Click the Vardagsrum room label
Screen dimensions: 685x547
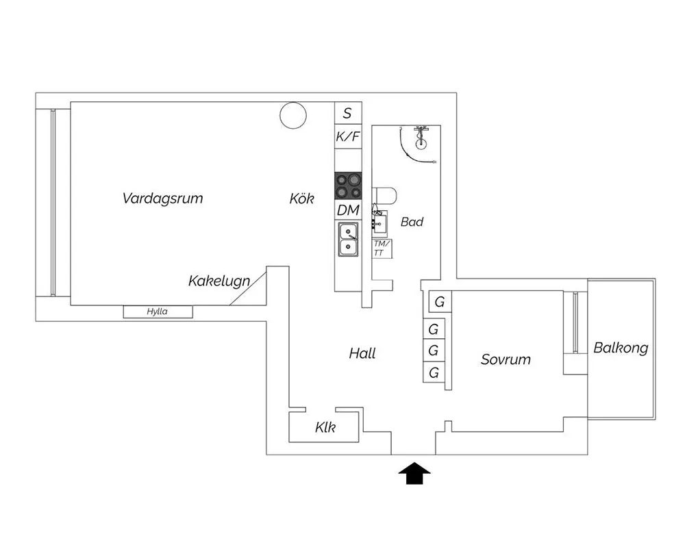(162, 199)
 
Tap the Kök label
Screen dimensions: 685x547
(301, 199)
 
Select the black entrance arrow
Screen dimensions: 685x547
(414, 474)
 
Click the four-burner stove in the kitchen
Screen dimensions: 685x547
(348, 186)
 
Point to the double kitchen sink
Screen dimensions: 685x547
(348, 239)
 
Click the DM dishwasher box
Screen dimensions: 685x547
(348, 210)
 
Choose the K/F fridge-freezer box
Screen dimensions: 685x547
(348, 137)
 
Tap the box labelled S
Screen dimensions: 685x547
(348, 113)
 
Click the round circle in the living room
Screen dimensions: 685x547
(293, 115)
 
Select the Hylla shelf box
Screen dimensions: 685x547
(158, 311)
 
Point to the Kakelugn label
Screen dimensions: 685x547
(219, 281)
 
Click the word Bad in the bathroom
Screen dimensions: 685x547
(412, 222)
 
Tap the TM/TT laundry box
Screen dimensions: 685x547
(382, 249)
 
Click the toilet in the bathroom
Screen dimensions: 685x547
(384, 196)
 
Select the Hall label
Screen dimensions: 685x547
(362, 353)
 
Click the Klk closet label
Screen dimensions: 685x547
(325, 427)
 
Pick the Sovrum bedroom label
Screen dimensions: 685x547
(506, 359)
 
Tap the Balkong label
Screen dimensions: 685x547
(621, 348)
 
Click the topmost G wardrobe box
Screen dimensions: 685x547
(440, 302)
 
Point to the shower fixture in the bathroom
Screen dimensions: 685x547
(421, 136)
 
